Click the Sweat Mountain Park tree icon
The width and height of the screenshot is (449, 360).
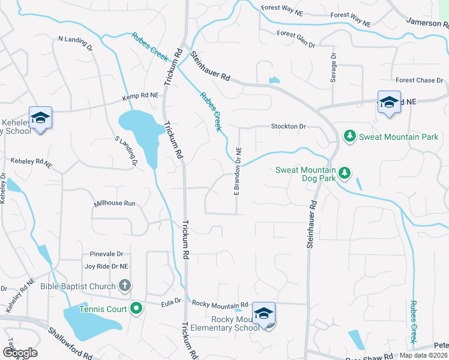tap(349, 137)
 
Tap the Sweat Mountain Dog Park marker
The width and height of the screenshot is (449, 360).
tap(344, 173)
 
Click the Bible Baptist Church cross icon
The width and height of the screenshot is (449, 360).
tap(125, 286)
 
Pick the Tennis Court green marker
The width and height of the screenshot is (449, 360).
tap(136, 309)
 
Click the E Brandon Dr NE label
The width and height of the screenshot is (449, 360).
tap(238, 171)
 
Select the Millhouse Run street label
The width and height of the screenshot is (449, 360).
tap(114, 203)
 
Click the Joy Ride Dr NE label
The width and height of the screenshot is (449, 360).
tap(106, 266)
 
